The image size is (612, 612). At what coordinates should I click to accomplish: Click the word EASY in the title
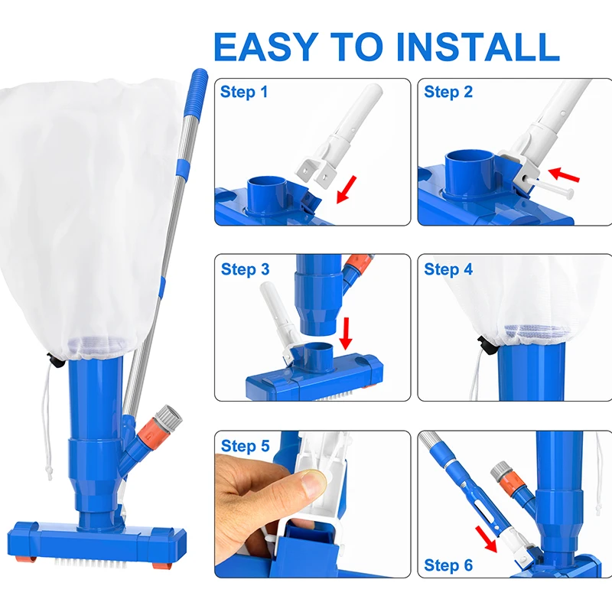(x=265, y=47)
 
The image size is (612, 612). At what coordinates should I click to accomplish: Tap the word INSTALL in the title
(x=477, y=47)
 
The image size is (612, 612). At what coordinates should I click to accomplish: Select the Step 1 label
(x=244, y=92)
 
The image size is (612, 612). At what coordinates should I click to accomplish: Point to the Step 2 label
(x=448, y=92)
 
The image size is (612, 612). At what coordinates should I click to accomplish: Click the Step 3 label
(x=245, y=269)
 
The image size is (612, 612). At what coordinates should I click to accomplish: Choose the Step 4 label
(x=448, y=269)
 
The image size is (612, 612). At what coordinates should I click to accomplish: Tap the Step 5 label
(x=245, y=446)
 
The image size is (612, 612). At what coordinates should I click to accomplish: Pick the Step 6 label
(x=448, y=565)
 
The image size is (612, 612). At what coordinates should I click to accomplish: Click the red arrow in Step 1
(x=347, y=190)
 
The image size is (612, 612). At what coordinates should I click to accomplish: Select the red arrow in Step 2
(x=564, y=174)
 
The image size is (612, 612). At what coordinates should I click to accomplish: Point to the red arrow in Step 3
(x=346, y=334)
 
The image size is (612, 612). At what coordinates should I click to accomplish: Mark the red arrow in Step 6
(x=486, y=539)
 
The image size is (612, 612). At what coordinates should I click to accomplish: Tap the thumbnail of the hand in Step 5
(x=313, y=483)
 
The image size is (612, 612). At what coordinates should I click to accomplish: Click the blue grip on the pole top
(x=197, y=93)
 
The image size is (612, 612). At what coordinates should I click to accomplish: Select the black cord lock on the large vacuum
(x=56, y=360)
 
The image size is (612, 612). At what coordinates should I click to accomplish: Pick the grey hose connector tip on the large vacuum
(x=169, y=417)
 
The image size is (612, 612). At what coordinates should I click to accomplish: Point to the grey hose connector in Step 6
(x=500, y=470)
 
